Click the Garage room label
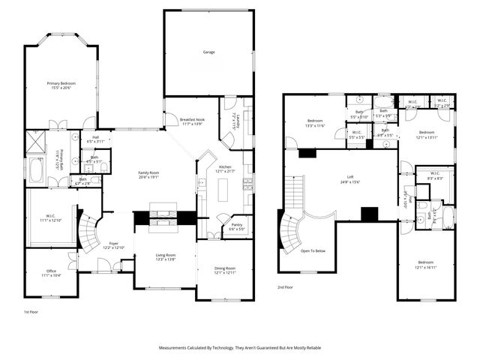[208, 52]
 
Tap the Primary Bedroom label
[64, 83]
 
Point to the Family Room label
[149, 173]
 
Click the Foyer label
[115, 243]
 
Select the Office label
[52, 271]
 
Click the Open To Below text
[313, 251]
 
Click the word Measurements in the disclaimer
[176, 347]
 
